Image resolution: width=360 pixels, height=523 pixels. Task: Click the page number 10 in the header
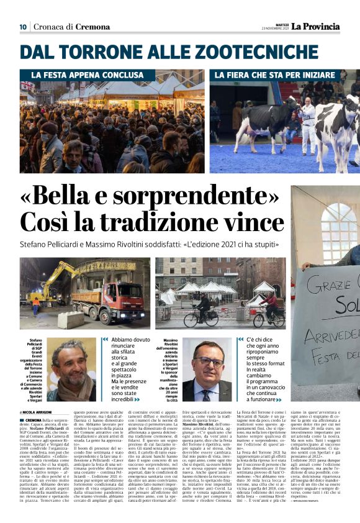[22, 27]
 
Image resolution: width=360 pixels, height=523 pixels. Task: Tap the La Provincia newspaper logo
[317, 26]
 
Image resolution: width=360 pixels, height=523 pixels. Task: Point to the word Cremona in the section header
[93, 27]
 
